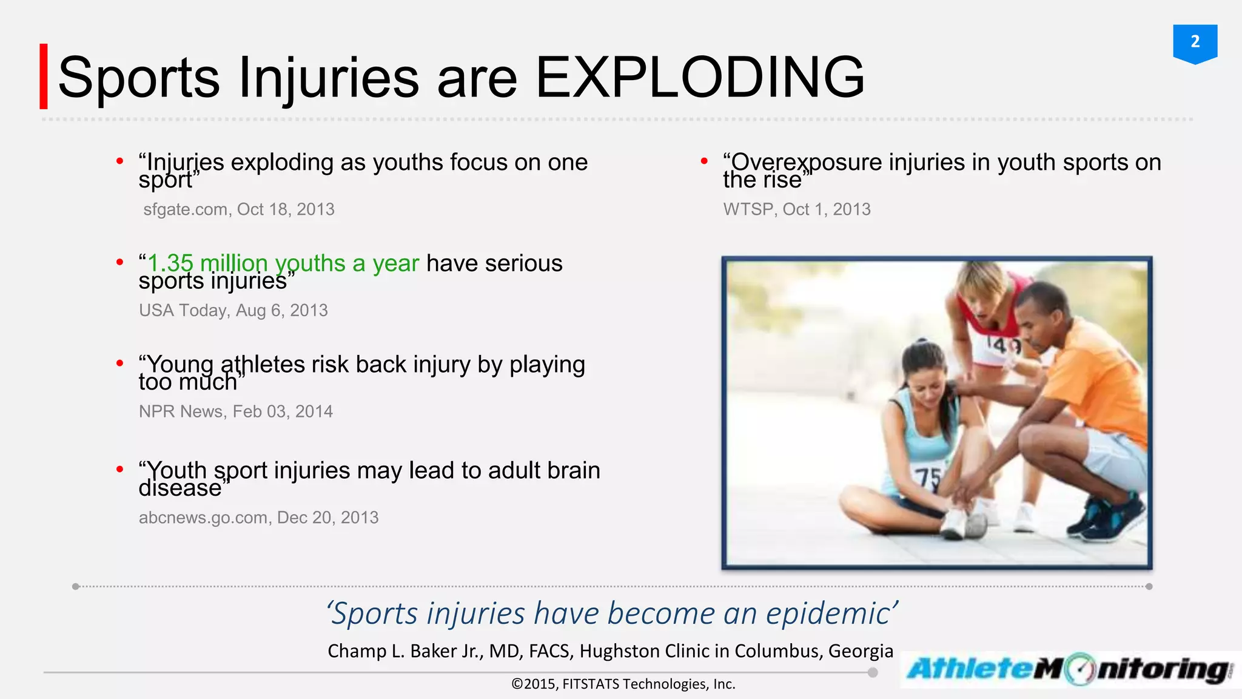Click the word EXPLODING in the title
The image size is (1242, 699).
(x=700, y=78)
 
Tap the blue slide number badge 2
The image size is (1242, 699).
(x=1195, y=42)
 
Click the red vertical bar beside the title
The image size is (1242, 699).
(x=44, y=76)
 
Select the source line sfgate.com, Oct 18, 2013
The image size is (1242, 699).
(x=239, y=209)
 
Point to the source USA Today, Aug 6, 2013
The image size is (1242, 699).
(x=233, y=311)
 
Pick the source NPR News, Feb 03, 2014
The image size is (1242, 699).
(x=236, y=411)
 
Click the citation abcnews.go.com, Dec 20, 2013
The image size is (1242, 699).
(x=259, y=518)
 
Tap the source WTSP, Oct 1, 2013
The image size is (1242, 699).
(x=797, y=209)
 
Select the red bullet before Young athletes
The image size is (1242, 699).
(x=120, y=363)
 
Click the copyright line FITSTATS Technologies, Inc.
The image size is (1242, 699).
(x=648, y=684)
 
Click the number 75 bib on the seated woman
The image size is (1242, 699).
(x=928, y=479)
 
